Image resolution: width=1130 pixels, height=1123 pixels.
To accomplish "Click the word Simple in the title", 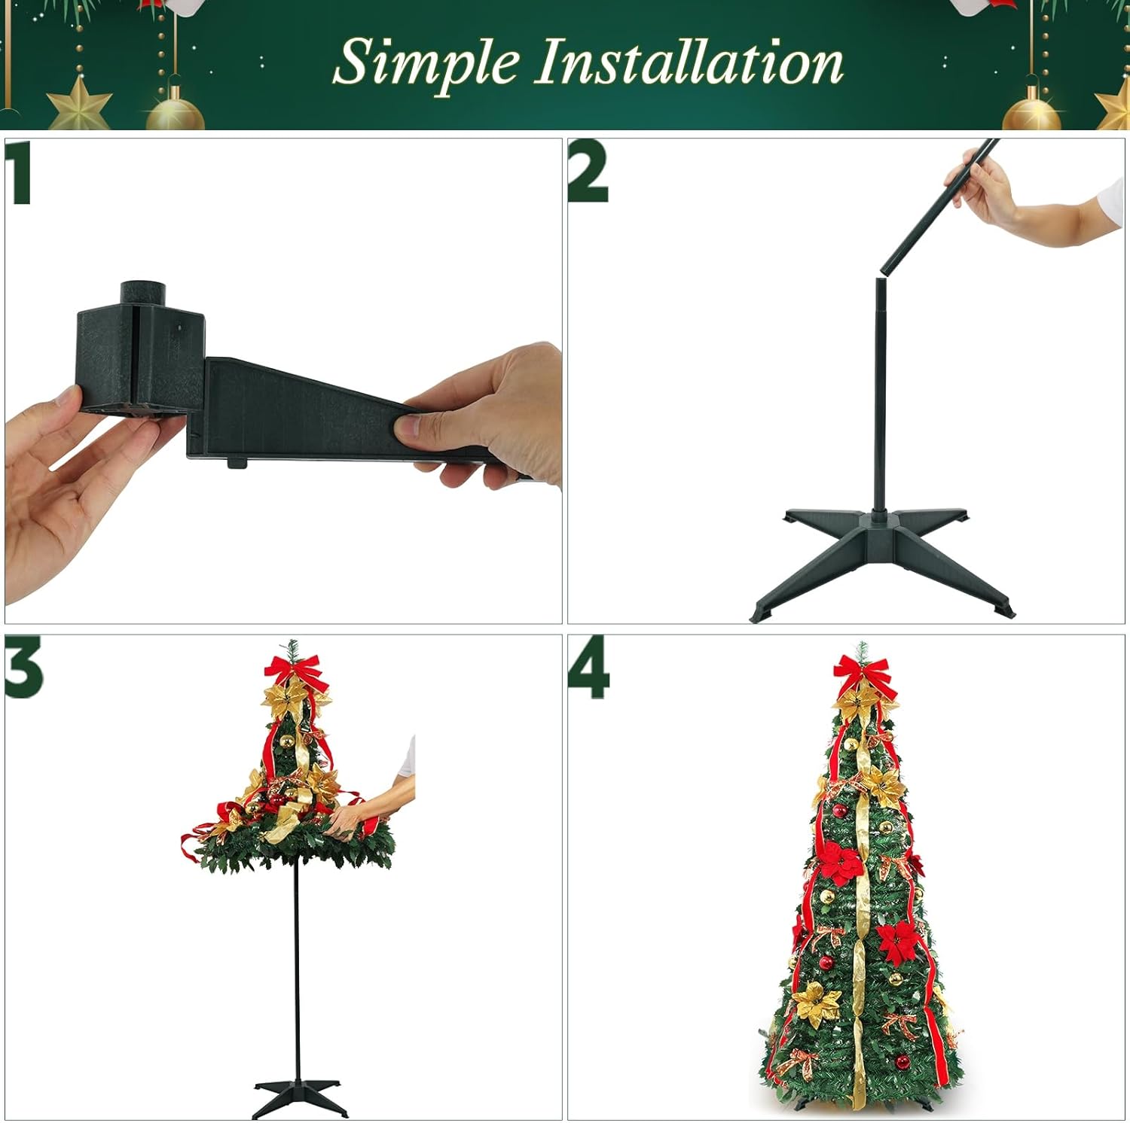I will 426,63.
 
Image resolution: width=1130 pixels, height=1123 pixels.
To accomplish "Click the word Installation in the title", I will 689,63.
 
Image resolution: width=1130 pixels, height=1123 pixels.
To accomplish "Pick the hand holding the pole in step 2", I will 987,188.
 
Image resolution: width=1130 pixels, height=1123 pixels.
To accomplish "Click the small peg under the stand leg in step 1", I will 237,461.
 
